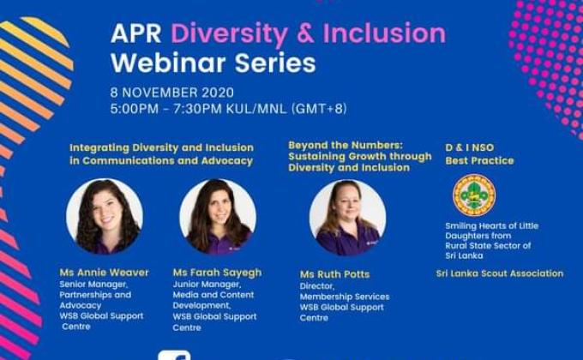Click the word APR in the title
pyautogui.click(x=137, y=34)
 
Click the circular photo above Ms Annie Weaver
pyautogui.click(x=105, y=216)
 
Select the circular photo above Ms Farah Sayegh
pyautogui.click(x=218, y=216)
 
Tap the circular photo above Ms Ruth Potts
pyautogui.click(x=347, y=218)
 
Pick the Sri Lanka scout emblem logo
pyautogui.click(x=474, y=195)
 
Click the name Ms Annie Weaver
pyautogui.click(x=104, y=273)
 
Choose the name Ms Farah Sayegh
pyautogui.click(x=217, y=273)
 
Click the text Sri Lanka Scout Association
pyautogui.click(x=500, y=273)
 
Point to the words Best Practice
pyautogui.click(x=479, y=160)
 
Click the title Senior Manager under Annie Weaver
pyautogui.click(x=92, y=284)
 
